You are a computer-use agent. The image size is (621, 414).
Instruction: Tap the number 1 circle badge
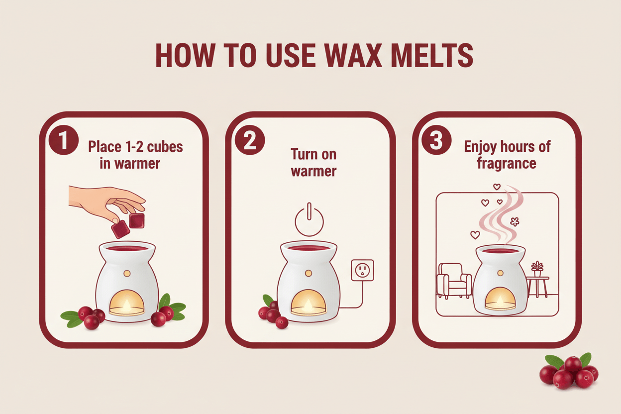(64, 140)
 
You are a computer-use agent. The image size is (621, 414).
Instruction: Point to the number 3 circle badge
(436, 140)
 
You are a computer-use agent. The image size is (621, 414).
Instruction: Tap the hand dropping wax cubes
(107, 202)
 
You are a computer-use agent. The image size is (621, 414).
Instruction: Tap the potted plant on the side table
(537, 269)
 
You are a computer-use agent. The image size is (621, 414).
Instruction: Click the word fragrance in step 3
(506, 163)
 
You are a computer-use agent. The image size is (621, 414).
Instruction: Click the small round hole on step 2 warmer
(309, 273)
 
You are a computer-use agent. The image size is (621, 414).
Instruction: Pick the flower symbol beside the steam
(515, 221)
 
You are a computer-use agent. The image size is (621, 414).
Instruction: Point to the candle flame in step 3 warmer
(500, 301)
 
